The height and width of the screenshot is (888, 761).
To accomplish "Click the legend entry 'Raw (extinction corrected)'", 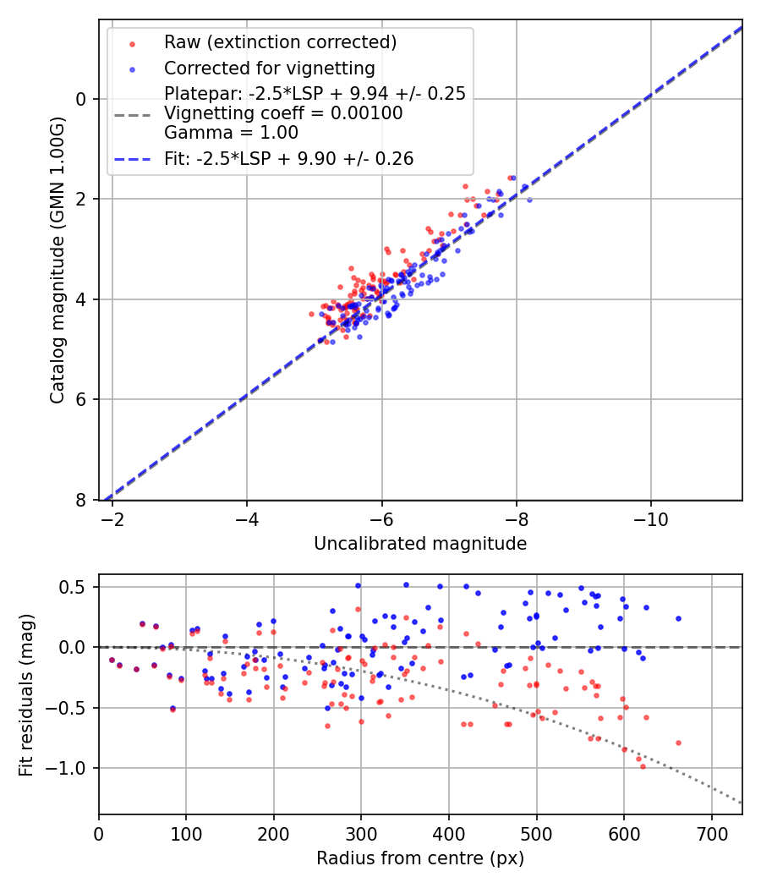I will tap(281, 42).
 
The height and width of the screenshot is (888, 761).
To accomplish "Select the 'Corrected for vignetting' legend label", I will tap(270, 68).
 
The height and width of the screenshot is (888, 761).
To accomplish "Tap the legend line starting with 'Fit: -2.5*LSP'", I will tap(289, 159).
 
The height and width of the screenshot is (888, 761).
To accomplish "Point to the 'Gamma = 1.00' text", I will tap(231, 132).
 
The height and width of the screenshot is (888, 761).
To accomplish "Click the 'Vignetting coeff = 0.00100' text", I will tap(283, 113).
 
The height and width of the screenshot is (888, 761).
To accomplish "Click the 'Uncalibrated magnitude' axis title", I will tap(420, 544).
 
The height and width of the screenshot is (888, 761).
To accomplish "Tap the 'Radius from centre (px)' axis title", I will tap(420, 858).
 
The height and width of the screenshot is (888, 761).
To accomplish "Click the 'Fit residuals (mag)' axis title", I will tap(26, 695).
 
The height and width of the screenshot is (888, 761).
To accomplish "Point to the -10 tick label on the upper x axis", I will tap(650, 518).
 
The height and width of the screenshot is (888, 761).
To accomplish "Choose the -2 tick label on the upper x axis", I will tap(112, 518).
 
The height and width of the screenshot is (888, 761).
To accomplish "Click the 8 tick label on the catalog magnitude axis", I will tap(82, 500).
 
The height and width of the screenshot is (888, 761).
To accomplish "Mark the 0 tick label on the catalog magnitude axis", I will tap(82, 99).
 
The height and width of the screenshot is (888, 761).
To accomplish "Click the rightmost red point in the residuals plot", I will tap(678, 743).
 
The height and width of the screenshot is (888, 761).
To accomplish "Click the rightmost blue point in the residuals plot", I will tap(678, 618).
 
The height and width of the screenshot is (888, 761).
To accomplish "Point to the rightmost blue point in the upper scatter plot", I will tap(529, 200).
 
